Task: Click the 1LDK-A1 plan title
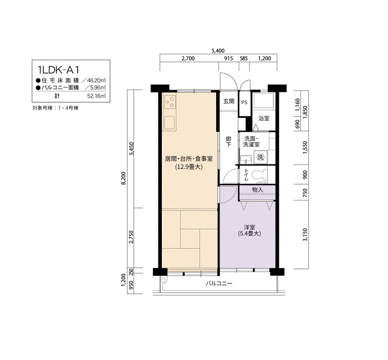pos(58,70)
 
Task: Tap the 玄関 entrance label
pos(228,101)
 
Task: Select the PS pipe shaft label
pos(244,102)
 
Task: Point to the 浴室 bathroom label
pos(264,118)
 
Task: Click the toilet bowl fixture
pos(259,174)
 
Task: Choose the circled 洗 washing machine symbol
pos(261,157)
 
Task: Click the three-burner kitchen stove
pos(170,102)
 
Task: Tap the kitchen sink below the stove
pos(170,122)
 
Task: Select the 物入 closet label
pos(257,189)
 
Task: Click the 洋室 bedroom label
pos(249,227)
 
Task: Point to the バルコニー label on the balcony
pos(219,284)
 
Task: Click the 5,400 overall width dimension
pos(218,51)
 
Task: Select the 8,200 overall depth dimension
pos(124,178)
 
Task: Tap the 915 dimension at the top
pos(228,58)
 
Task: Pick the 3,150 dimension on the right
pos(305,235)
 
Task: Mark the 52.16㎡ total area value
pos(96,96)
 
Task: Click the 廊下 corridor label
pos(228,142)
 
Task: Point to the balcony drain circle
pos(164,280)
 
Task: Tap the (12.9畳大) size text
pos(189,167)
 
